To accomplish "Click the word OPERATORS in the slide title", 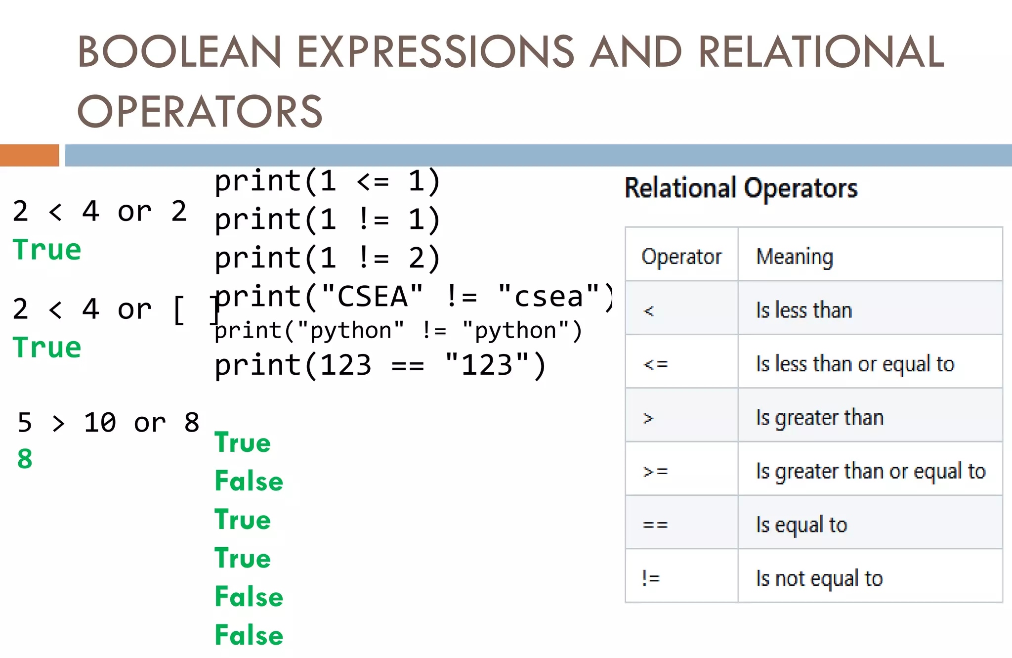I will (x=200, y=111).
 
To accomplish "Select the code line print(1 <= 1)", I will (x=327, y=181).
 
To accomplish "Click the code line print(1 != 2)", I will (x=327, y=258).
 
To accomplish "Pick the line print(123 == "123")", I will (x=380, y=365).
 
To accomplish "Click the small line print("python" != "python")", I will (x=398, y=331).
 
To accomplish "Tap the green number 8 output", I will (x=25, y=459).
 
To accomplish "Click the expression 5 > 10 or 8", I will (x=108, y=423).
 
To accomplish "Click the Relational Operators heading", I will (x=741, y=188).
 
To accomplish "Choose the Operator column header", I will (x=681, y=257).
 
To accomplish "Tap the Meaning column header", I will (x=795, y=257).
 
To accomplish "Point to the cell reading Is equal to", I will (x=801, y=525).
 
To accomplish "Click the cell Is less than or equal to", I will (x=855, y=364).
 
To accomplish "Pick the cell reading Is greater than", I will (x=819, y=418).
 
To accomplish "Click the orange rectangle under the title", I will (x=29, y=155).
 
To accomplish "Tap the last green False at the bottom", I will (x=249, y=635).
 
